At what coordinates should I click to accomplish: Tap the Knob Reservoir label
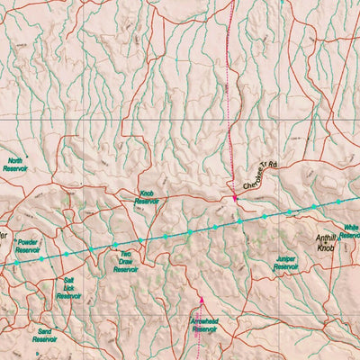[147, 197]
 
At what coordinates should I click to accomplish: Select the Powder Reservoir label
[27, 246]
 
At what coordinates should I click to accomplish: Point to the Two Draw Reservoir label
[128, 262]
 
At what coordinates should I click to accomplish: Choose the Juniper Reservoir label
[285, 263]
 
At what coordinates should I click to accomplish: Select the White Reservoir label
[349, 232]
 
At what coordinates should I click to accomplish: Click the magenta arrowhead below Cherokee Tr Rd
[235, 198]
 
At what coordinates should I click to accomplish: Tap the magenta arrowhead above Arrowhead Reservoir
[202, 301]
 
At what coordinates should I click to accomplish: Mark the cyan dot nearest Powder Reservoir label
[40, 258]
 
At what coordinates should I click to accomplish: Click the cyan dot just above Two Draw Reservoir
[115, 245]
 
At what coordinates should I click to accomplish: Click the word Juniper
[285, 259]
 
